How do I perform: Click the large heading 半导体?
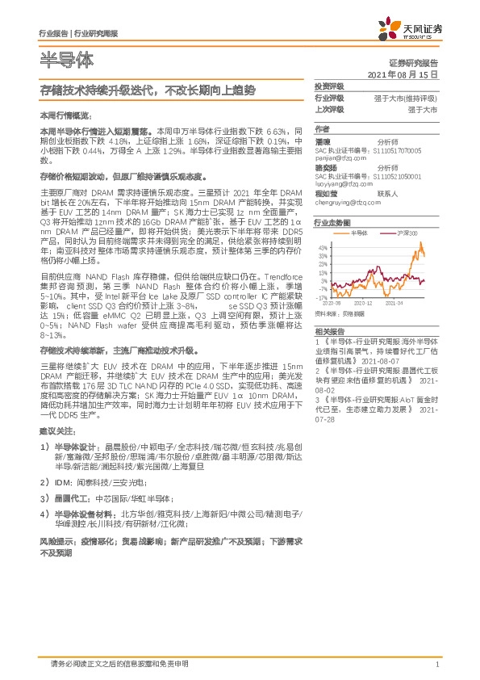[66, 61]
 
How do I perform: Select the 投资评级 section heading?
[329, 86]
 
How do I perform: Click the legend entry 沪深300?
[409, 233]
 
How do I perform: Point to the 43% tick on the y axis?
[323, 246]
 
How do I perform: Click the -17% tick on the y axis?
[323, 288]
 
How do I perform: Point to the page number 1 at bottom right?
[436, 664]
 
